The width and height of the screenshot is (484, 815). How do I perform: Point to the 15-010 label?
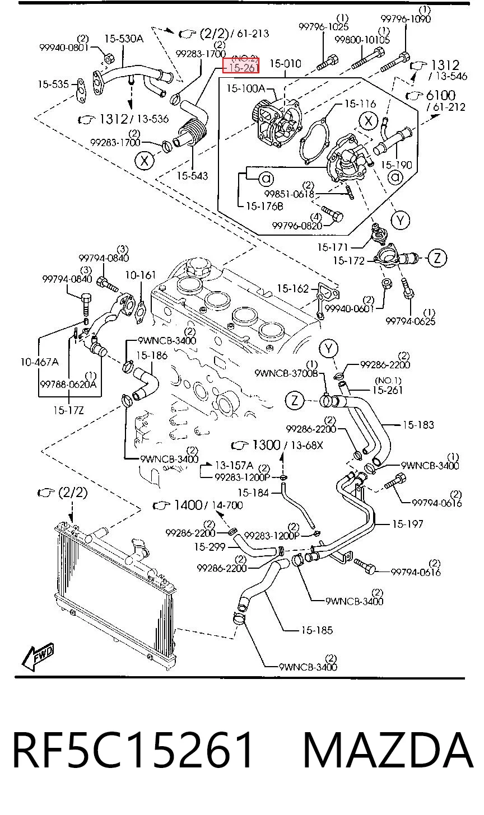click(286, 64)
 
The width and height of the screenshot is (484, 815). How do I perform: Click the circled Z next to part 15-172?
click(437, 258)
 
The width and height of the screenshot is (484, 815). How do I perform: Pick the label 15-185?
click(317, 630)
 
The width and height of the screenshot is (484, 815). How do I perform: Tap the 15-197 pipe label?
click(407, 524)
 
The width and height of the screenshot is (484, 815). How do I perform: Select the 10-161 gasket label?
click(141, 275)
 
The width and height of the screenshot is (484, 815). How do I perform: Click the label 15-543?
click(192, 176)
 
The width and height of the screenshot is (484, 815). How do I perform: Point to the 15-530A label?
click(124, 39)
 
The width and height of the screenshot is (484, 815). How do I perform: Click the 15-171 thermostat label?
click(333, 247)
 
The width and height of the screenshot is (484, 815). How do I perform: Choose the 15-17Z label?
click(68, 410)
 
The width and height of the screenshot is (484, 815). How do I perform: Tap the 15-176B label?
click(264, 207)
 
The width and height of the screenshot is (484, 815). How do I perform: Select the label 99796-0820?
click(297, 226)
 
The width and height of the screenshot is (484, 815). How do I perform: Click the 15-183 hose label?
click(418, 425)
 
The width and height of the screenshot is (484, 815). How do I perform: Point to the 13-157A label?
click(234, 465)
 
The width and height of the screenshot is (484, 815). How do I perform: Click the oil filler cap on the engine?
click(197, 266)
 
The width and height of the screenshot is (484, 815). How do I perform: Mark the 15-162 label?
click(293, 288)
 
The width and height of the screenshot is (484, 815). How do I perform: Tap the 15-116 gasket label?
click(360, 104)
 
